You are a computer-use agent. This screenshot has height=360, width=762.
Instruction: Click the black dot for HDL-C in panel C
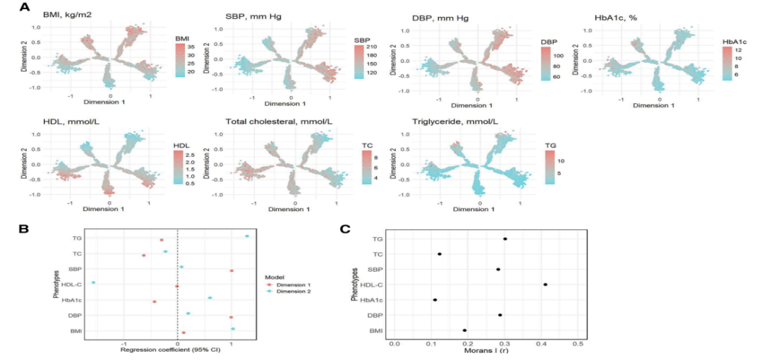545,284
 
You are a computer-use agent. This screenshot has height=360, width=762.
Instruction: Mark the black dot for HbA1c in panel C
435,300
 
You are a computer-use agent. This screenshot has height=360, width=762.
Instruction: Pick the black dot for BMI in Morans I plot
464,330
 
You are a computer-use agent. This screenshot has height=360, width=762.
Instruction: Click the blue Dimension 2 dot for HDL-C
92,283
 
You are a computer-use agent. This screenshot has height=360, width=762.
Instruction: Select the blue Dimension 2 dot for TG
247,236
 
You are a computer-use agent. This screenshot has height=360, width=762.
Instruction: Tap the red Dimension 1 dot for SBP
231,270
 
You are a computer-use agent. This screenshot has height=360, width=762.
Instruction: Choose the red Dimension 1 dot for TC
143,256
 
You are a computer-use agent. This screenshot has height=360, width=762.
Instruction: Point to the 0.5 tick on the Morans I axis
579,344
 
